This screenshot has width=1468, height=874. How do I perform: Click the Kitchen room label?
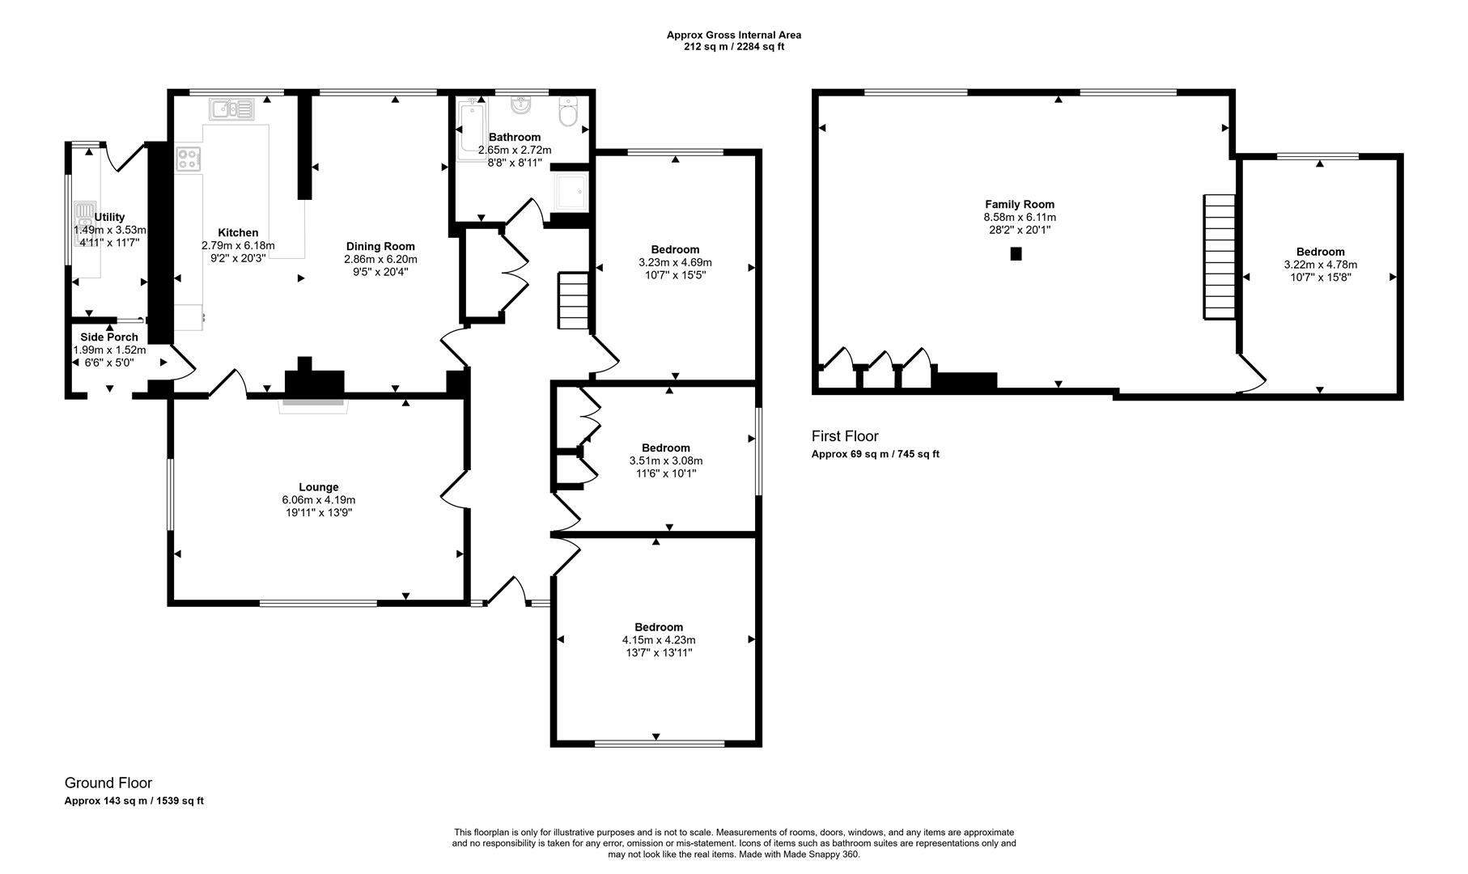point(238,233)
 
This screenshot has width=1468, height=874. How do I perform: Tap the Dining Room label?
point(380,247)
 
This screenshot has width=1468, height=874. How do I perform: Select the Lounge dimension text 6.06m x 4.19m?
point(319,500)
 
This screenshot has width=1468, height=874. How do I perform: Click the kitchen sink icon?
point(231,108)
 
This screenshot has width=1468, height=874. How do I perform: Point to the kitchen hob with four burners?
point(188,158)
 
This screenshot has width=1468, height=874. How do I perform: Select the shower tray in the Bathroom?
point(571,192)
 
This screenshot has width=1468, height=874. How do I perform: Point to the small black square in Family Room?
point(1016,254)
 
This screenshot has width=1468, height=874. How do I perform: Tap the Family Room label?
point(1020,205)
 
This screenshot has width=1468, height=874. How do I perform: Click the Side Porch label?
point(109,337)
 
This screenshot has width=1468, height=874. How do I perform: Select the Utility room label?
point(110,217)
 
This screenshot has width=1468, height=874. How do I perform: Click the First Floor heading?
point(845,437)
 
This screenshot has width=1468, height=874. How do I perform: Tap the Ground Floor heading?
point(108,783)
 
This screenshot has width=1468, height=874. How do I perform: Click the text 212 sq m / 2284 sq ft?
point(734,47)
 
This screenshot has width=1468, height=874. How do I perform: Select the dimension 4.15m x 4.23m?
point(658,640)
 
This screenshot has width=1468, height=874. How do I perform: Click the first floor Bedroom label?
point(1320,252)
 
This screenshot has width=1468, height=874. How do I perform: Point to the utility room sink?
point(85,218)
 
